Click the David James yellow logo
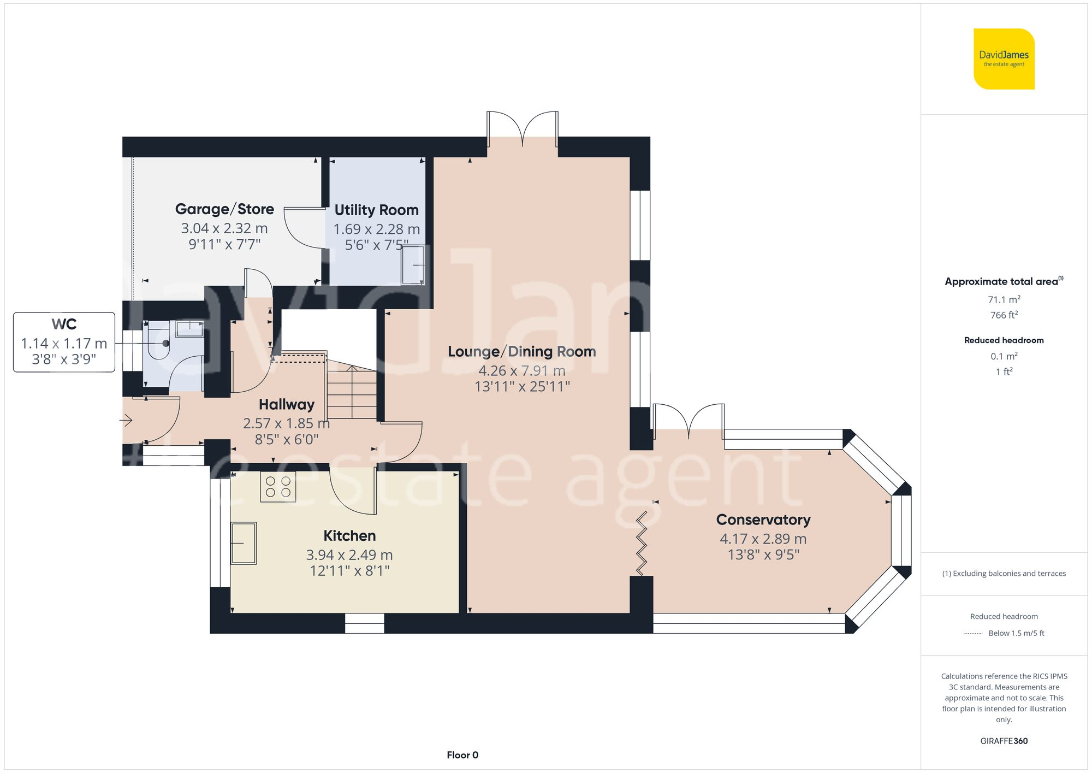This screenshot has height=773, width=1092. [1004, 59]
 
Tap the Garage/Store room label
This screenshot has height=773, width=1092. [224, 209]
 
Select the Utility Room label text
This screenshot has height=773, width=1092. [376, 210]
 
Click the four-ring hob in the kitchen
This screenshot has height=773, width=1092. [278, 487]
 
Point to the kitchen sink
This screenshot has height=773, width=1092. [244, 543]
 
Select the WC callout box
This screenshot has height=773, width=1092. [64, 342]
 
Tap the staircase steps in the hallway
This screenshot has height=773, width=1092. [352, 392]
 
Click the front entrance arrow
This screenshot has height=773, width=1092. [126, 420]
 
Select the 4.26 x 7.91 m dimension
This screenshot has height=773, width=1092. [521, 371]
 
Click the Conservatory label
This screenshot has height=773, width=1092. [763, 520]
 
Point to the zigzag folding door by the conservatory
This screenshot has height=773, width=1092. [642, 543]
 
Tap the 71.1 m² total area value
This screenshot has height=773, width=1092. [1004, 300]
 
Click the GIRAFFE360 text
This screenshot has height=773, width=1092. [1004, 741]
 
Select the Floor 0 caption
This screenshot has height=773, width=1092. [462, 755]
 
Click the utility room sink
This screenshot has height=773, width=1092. [413, 265]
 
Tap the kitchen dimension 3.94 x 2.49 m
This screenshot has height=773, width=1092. [349, 555]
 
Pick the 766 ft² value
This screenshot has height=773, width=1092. [1004, 315]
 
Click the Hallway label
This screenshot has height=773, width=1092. [286, 405]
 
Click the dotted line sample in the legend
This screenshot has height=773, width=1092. [973, 634]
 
